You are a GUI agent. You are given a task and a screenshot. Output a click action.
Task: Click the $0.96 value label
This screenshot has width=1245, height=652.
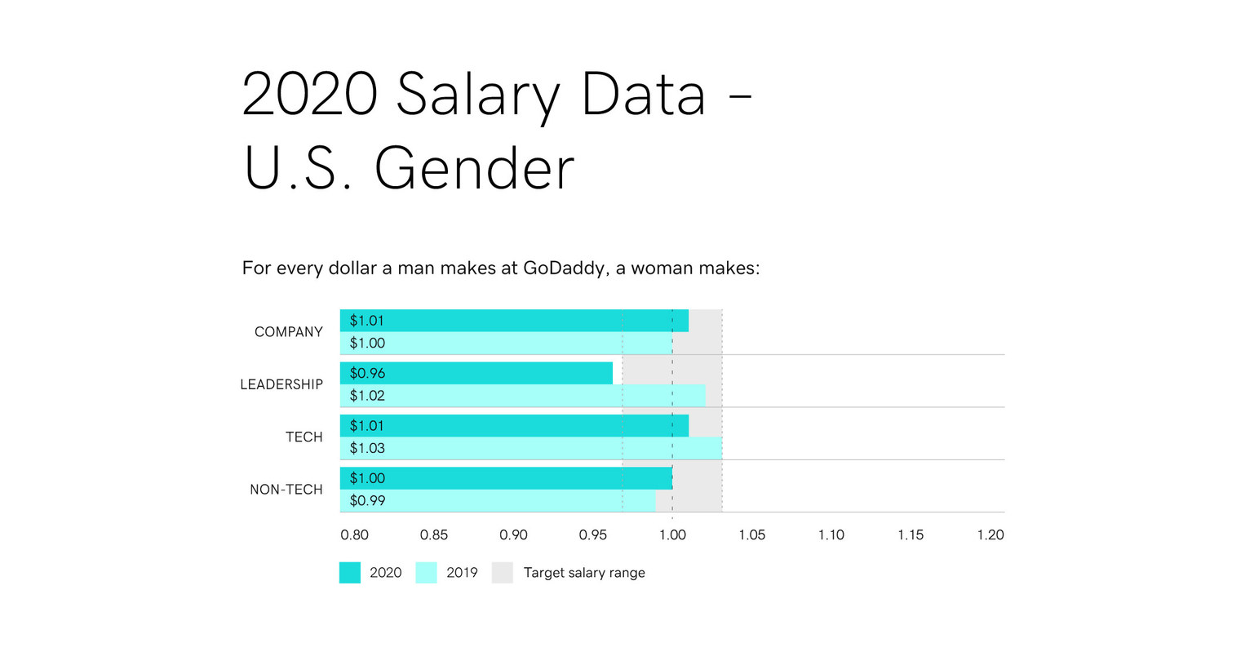point(367,373)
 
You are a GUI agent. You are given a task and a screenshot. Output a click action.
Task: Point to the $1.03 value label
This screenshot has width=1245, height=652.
point(367,448)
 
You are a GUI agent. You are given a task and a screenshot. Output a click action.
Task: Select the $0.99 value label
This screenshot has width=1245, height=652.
point(367,500)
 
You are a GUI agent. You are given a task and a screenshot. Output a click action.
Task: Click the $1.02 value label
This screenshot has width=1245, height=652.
point(367,396)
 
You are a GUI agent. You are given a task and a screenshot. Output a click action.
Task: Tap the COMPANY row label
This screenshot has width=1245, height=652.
point(289,332)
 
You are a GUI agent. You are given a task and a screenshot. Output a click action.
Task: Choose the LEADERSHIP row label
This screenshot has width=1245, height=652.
point(281,384)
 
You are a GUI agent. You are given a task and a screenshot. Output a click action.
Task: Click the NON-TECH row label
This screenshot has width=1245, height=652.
point(286,490)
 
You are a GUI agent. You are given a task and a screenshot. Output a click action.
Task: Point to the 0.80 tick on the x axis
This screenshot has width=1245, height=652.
point(354,535)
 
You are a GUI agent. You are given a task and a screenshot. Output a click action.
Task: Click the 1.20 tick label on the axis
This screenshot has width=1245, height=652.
point(990,535)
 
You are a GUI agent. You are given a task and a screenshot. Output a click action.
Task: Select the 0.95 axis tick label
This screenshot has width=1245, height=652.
point(593,535)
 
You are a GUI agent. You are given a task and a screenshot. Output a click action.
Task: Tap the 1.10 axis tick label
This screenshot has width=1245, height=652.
point(831,535)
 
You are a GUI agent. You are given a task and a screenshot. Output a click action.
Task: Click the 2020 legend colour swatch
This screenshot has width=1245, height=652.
point(350,573)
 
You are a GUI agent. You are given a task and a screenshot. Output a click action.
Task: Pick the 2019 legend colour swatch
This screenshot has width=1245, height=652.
point(427,573)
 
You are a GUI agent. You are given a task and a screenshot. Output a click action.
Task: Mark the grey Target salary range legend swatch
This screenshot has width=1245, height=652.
point(503,573)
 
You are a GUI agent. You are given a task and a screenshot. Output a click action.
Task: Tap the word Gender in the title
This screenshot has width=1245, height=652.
point(474,169)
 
